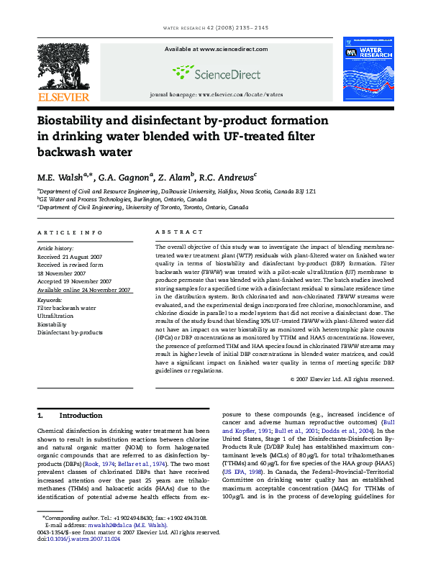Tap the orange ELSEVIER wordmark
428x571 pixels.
pyautogui.click(x=63, y=96)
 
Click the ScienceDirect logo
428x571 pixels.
pyautogui.click(x=211, y=72)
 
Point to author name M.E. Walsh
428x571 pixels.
pyautogui.click(x=64, y=177)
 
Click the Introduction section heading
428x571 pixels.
pyautogui.click(x=81, y=416)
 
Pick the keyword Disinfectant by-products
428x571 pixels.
pyautogui.click(x=70, y=332)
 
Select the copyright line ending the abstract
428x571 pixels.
pyautogui.click(x=342, y=379)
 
